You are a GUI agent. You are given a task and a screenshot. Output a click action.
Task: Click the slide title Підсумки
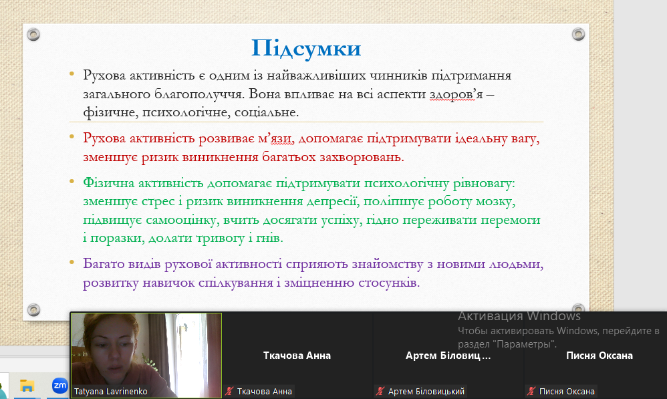(306, 49)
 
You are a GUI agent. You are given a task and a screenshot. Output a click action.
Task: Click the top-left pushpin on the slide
(33, 34)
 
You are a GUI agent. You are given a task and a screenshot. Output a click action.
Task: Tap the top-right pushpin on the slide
(578, 34)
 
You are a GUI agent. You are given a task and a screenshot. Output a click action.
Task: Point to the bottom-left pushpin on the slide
(33, 309)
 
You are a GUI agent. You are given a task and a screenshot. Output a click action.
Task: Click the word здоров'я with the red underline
(456, 94)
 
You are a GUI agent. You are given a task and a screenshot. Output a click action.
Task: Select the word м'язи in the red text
(275, 138)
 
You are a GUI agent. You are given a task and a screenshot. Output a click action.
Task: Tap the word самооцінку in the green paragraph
(182, 221)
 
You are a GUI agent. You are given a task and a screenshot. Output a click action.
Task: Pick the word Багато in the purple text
(101, 264)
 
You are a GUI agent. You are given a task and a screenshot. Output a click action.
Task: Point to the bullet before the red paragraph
(72, 136)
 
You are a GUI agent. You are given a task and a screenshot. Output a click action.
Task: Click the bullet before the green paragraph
(72, 182)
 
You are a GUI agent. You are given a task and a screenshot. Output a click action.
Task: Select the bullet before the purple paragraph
(72, 263)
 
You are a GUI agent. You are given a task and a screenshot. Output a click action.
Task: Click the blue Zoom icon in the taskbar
(59, 386)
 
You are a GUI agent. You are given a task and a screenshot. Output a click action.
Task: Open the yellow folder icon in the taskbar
(27, 386)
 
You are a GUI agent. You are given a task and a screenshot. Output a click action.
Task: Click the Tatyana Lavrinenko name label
(110, 392)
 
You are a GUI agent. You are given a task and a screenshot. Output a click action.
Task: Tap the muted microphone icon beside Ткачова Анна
(230, 392)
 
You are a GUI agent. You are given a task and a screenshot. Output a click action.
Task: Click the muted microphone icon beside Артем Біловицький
(380, 392)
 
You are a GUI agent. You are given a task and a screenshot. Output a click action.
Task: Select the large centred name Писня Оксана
(599, 356)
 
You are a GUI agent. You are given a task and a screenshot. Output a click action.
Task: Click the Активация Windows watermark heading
(519, 316)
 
